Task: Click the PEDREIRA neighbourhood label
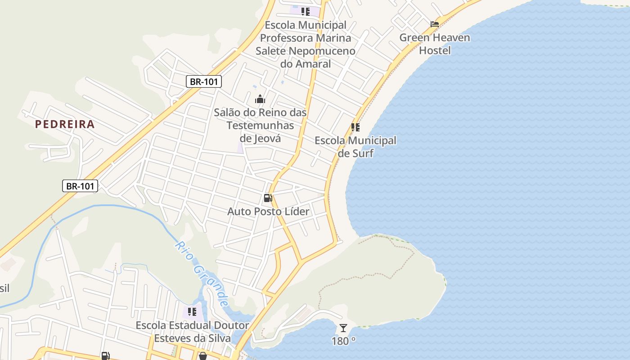(65, 124)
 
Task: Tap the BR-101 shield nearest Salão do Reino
(204, 81)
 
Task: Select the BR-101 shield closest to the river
(80, 185)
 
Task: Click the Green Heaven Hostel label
(435, 44)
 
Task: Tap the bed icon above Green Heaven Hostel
(435, 24)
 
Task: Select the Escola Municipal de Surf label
(355, 147)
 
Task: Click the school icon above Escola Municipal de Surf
(355, 127)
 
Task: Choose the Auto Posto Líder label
(268, 211)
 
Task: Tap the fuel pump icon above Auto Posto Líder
(268, 198)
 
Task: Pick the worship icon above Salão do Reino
(260, 99)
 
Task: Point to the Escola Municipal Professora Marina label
(306, 44)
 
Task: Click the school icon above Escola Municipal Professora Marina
(306, 11)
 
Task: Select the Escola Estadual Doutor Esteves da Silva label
(193, 331)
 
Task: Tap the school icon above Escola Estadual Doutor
(193, 311)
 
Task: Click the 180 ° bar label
(343, 341)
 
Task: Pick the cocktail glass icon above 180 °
(343, 328)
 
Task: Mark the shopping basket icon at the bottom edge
(203, 356)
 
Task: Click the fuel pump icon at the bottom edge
(105, 356)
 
